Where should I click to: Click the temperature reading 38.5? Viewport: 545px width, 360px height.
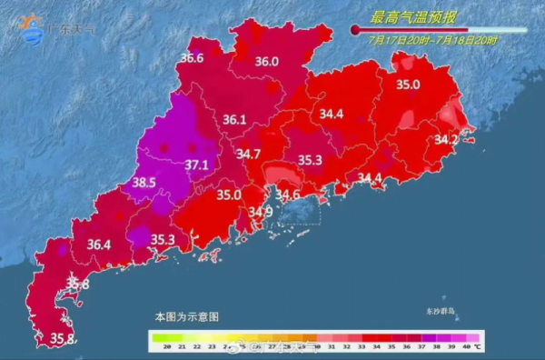(x=144, y=183)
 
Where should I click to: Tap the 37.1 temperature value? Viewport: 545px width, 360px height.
(x=197, y=165)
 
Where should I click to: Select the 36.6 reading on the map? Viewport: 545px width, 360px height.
(x=191, y=58)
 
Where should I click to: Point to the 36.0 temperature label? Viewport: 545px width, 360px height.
(x=266, y=62)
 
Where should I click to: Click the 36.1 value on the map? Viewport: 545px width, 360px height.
(x=234, y=119)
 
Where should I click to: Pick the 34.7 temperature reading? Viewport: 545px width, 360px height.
(x=248, y=154)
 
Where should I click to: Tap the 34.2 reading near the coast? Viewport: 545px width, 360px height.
(x=446, y=140)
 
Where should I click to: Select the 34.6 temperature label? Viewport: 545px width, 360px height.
(x=288, y=194)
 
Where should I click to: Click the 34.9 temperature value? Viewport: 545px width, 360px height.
(x=261, y=212)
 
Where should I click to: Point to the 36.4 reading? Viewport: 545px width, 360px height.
(x=98, y=244)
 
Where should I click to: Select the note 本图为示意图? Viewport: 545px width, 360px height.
(x=186, y=316)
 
